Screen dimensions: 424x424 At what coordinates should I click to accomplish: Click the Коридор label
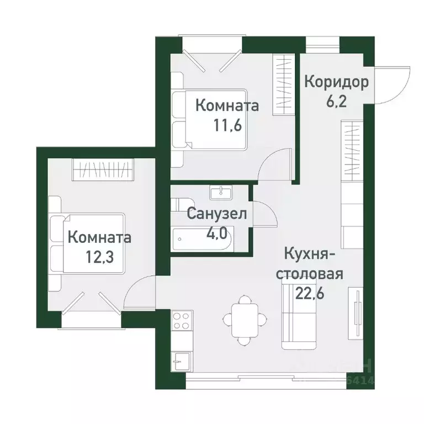[x=337, y=83]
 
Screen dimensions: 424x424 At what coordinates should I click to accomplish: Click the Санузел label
[x=216, y=213]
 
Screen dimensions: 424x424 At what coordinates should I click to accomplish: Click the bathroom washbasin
[x=221, y=193]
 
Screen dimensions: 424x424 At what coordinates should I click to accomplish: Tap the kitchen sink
[x=181, y=362]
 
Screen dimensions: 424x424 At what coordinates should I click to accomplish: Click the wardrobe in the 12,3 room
[x=103, y=169]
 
